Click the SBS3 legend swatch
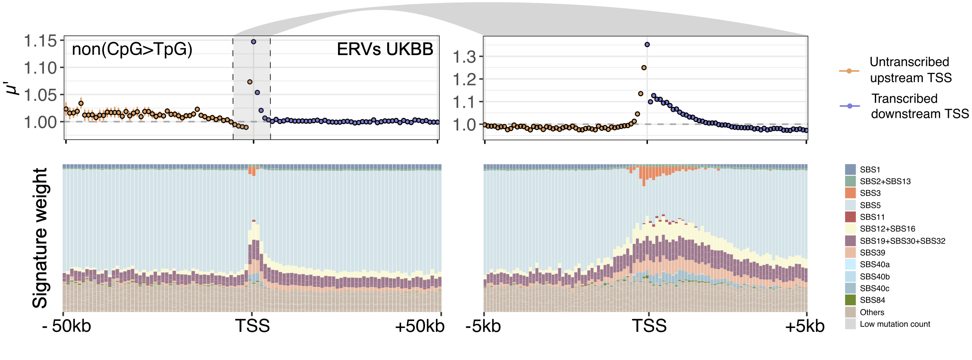click(850, 193)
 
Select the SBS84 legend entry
click(872, 300)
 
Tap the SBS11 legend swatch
click(850, 217)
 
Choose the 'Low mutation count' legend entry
click(895, 324)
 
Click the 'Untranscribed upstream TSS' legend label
click(910, 70)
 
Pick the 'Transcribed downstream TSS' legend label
click(919, 106)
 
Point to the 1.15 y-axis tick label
click(40, 41)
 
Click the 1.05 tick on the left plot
click(40, 95)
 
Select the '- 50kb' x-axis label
click(67, 326)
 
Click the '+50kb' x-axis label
click(419, 326)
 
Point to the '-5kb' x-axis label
click(483, 326)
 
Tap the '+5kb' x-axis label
click(804, 326)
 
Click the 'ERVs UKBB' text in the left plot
click(385, 49)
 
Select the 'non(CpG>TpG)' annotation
click(132, 49)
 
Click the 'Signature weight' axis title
click(40, 238)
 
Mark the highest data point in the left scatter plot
click(254, 42)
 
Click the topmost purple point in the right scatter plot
click(647, 45)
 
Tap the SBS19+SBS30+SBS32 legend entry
click(902, 241)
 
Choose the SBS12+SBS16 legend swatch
click(850, 229)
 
